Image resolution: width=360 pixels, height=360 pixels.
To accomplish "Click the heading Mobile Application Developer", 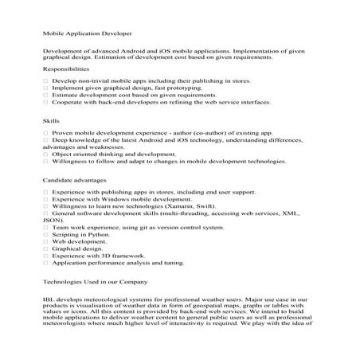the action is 87,34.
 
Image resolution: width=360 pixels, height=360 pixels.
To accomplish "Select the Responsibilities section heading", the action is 66,69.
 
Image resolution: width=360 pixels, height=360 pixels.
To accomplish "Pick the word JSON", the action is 52,224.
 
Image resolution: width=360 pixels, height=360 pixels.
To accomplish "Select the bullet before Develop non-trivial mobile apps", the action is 46,81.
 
